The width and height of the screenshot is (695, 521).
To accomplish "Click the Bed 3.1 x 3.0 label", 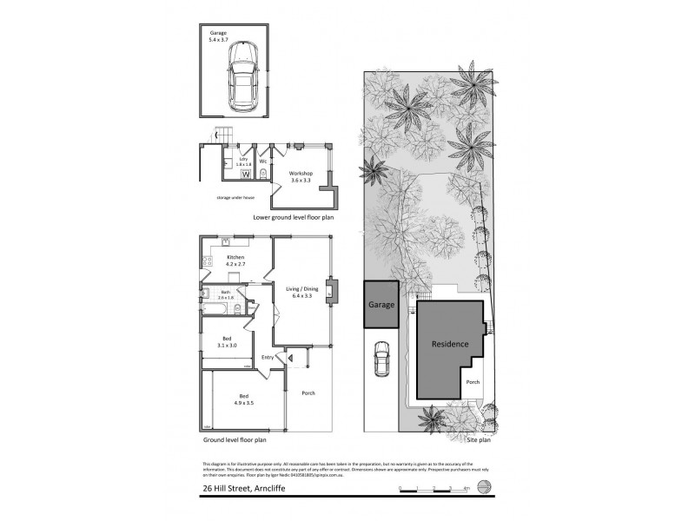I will click(x=227, y=340).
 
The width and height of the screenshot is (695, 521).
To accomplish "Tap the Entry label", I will click(x=268, y=357).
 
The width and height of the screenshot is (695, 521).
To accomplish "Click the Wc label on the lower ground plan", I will click(x=262, y=162).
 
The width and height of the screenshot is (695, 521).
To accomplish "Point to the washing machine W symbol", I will click(x=246, y=175).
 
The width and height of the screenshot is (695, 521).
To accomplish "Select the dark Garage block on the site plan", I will click(x=381, y=306).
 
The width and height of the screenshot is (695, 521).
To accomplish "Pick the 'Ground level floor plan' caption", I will click(x=235, y=439).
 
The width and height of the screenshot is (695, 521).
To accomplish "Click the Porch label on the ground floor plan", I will click(x=308, y=393).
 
